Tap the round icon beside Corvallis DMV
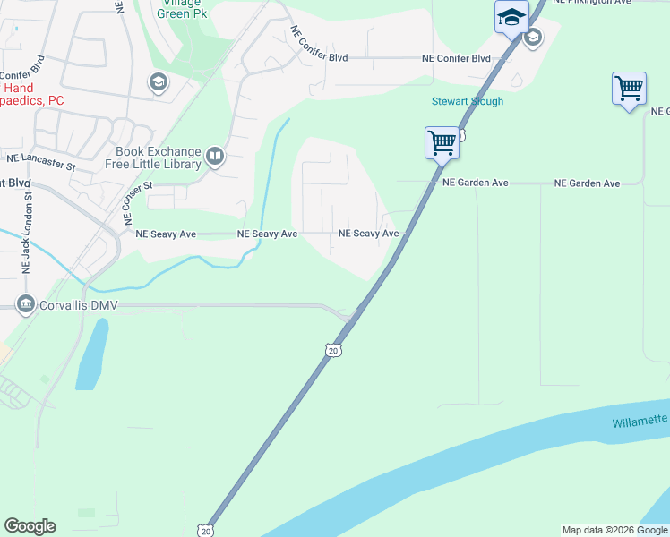pos(25,304)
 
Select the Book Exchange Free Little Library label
pos(160,158)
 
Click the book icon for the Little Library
pos(215,158)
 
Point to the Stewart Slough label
pos(468,101)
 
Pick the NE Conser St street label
pos(137,203)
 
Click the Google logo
pos(30,526)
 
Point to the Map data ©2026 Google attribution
pos(614,530)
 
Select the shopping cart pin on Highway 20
pos(442,142)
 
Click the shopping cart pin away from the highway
pos(629,89)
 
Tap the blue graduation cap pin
pos(511,17)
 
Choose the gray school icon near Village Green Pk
pos(159,83)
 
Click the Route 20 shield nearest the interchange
pos(333,350)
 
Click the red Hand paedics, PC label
pos(32,95)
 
